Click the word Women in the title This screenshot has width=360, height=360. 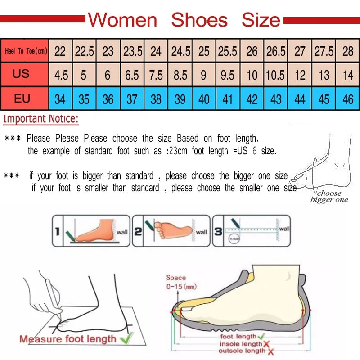tap(122, 20)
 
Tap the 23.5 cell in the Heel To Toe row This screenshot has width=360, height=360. tap(133, 51)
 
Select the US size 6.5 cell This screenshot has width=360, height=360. tap(132, 75)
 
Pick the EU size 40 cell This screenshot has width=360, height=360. tap(204, 99)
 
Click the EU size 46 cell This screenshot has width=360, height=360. tap(348, 99)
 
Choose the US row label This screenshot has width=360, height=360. tap(21, 74)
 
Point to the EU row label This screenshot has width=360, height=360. tap(22, 98)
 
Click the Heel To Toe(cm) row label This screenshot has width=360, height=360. tap(26, 51)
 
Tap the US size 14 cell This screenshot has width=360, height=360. tap(348, 75)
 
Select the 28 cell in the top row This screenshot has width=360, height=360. tap(348, 51)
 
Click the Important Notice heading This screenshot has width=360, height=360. tap(41, 119)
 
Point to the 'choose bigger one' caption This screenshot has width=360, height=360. tap(329, 197)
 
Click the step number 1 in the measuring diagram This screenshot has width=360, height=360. tap(57, 232)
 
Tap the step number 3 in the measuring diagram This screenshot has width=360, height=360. tap(217, 232)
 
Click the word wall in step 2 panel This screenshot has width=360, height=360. tap(201, 232)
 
